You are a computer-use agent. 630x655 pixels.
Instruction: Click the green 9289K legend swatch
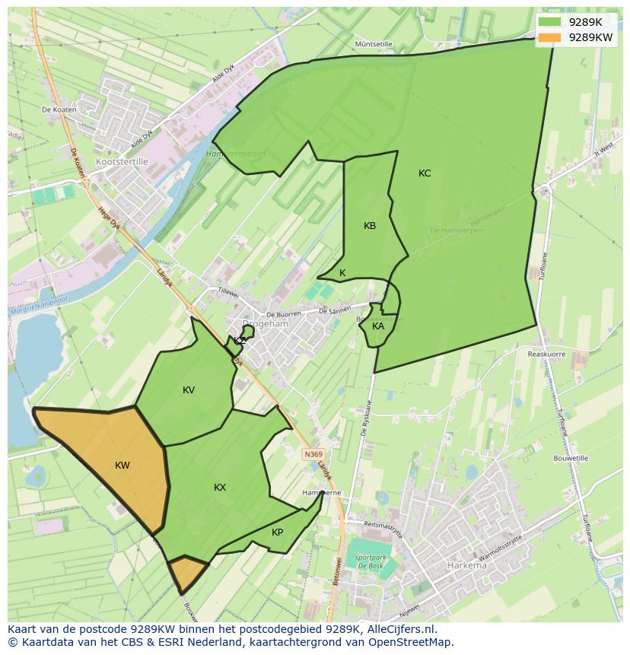tap(549, 22)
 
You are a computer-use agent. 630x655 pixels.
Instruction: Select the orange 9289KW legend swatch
tap(549, 37)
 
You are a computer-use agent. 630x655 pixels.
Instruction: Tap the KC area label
tap(425, 173)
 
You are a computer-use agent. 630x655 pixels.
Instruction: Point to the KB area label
tap(370, 226)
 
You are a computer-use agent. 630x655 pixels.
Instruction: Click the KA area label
tap(378, 326)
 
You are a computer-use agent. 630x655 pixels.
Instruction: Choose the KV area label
tap(189, 390)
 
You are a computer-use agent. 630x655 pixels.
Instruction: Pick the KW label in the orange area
tap(123, 466)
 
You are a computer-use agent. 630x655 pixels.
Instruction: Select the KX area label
tap(220, 488)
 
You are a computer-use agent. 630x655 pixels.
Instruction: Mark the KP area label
tap(278, 533)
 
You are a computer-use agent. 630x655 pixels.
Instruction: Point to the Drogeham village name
tap(266, 323)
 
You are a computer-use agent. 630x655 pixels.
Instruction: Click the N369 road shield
tap(312, 454)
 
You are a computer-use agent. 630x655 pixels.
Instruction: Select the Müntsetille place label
tap(374, 45)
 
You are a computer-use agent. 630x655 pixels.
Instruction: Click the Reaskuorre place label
tap(546, 354)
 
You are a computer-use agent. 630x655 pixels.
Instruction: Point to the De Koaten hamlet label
tap(59, 110)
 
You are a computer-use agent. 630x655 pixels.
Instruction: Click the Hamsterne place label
tap(322, 493)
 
